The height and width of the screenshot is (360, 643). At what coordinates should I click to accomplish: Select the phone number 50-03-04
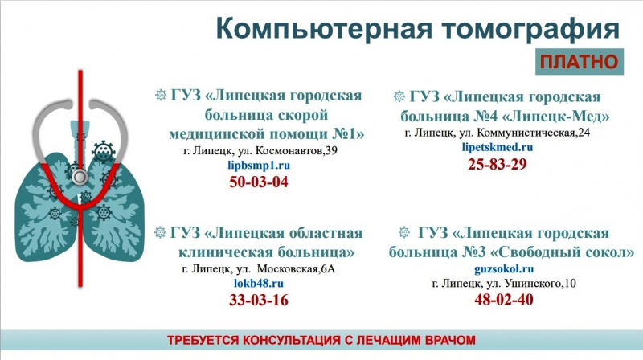click(x=259, y=182)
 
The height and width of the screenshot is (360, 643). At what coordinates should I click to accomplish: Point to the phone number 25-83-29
click(x=497, y=165)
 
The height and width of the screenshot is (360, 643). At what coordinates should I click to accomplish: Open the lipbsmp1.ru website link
click(x=259, y=165)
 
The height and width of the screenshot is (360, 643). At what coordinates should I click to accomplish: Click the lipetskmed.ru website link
click(x=498, y=148)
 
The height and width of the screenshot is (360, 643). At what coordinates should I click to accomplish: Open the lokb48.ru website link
click(x=259, y=284)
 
